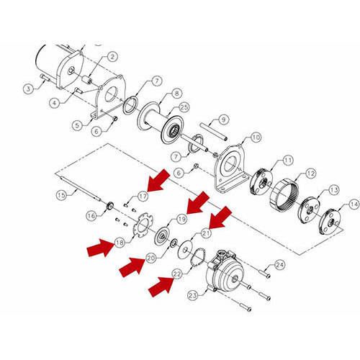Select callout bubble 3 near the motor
[x=28, y=88]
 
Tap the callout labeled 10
[x=256, y=137]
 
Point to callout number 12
[x=311, y=173]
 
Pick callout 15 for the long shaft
[x=61, y=194]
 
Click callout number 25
[x=184, y=107]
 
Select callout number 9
[x=223, y=119]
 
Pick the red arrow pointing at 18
[x=99, y=249]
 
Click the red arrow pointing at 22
[x=160, y=288]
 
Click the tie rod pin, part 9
[x=214, y=132]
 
